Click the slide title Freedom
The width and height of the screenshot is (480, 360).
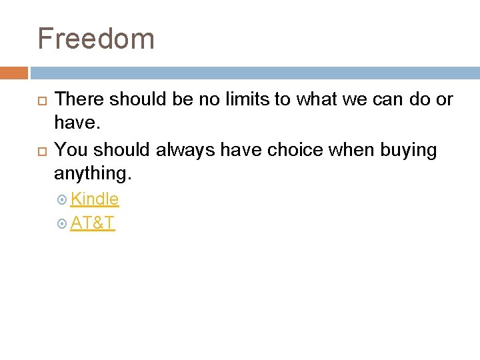96,39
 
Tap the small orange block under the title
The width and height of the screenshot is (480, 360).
14,73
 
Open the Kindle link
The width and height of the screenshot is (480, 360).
95,199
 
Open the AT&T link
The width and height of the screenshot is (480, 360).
93,223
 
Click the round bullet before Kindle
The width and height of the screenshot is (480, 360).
62,199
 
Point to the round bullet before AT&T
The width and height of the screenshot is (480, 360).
62,224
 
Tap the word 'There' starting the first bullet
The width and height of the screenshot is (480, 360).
79,100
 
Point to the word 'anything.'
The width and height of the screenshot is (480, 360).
93,175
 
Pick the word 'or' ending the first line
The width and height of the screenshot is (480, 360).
444,100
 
